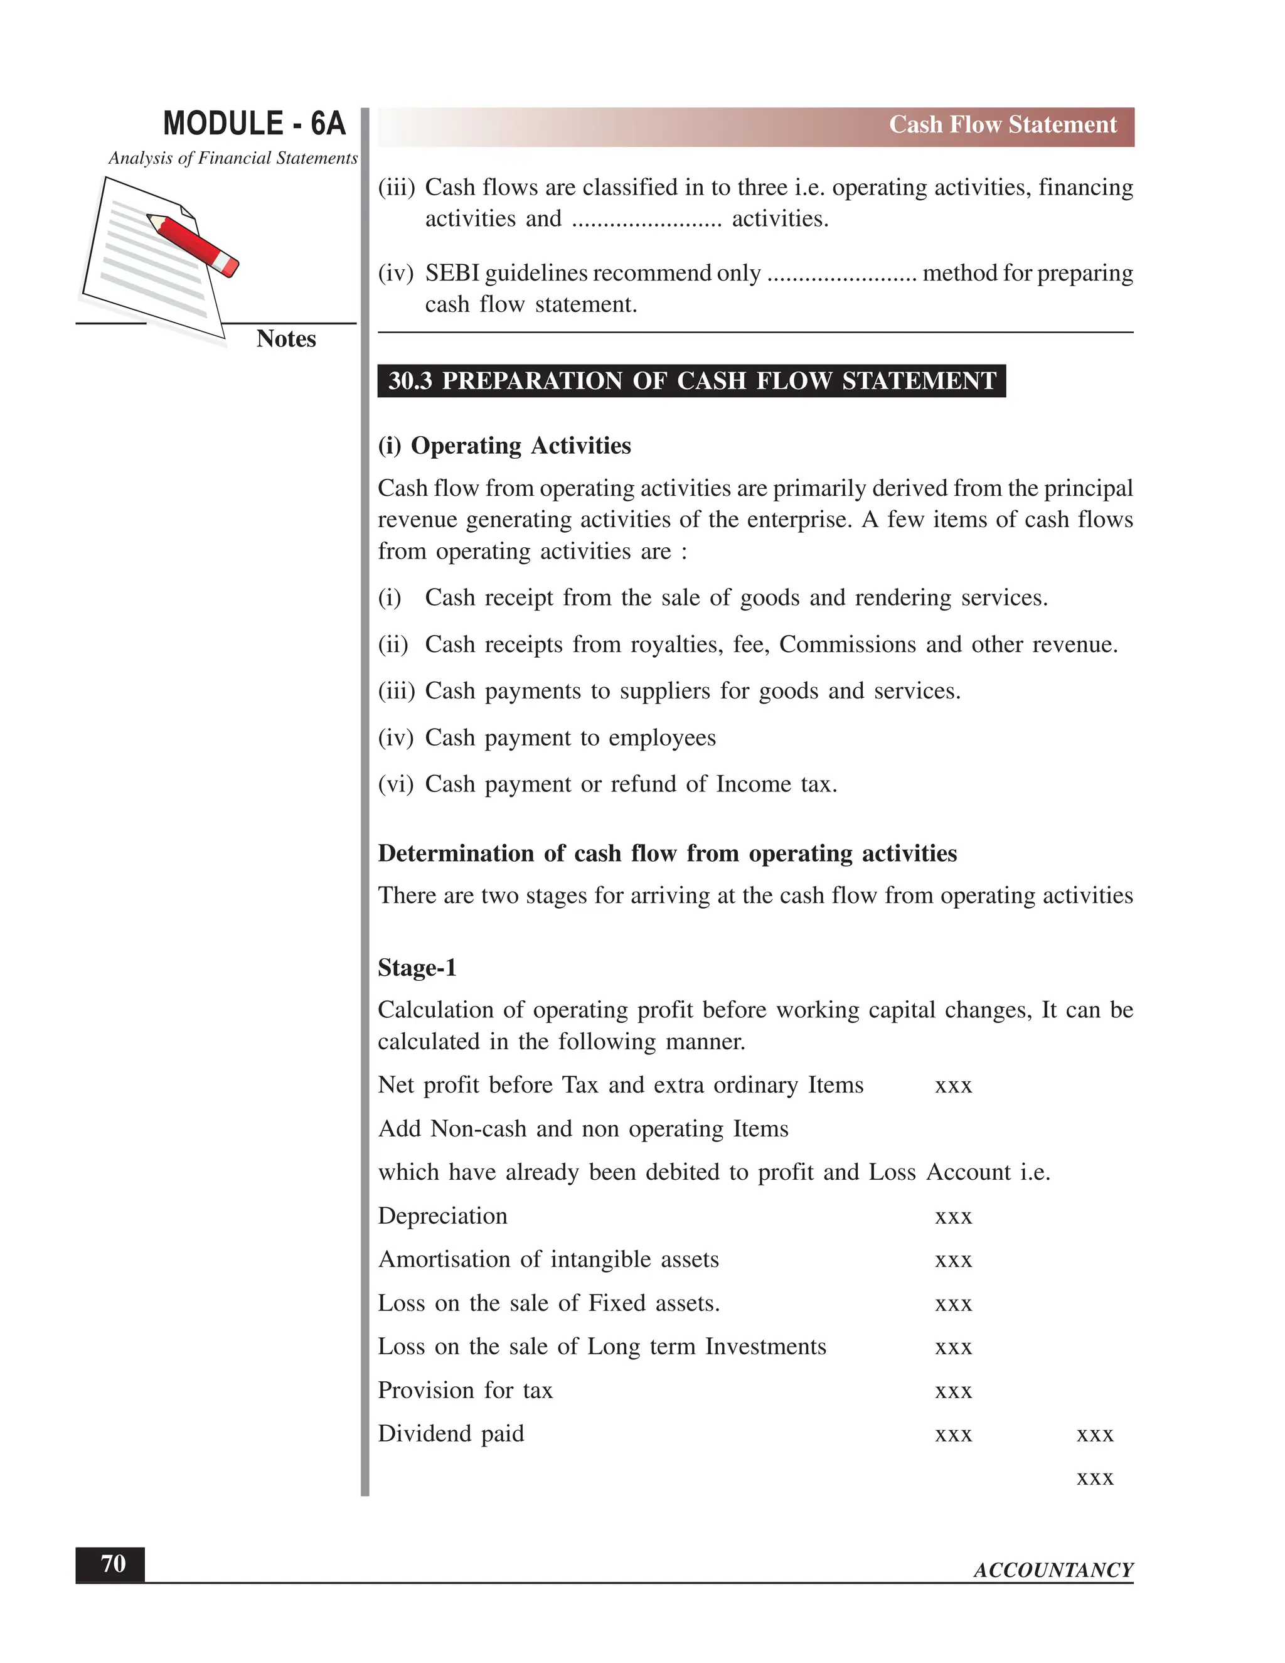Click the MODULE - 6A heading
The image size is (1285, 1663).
[x=253, y=124]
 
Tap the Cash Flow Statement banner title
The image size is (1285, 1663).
[x=1002, y=125]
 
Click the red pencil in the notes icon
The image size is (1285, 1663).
[x=193, y=243]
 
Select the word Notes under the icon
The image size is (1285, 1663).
[x=285, y=339]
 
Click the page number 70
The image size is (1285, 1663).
[x=113, y=1564]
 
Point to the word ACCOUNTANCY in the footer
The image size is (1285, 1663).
[x=1053, y=1570]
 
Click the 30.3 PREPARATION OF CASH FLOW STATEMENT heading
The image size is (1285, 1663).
[x=691, y=381]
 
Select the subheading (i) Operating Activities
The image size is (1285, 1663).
[x=504, y=446]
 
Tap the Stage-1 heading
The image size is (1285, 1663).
[x=417, y=968]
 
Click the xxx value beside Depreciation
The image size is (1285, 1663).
[x=953, y=1217]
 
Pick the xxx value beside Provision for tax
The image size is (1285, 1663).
[x=953, y=1391]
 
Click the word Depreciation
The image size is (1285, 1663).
[x=442, y=1216]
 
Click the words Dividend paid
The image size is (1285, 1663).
[x=451, y=1434]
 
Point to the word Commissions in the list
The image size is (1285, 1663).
[x=847, y=645]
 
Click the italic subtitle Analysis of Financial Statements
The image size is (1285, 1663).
[x=232, y=158]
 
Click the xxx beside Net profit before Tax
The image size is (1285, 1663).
[x=953, y=1086]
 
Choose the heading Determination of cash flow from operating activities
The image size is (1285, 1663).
[x=667, y=853]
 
